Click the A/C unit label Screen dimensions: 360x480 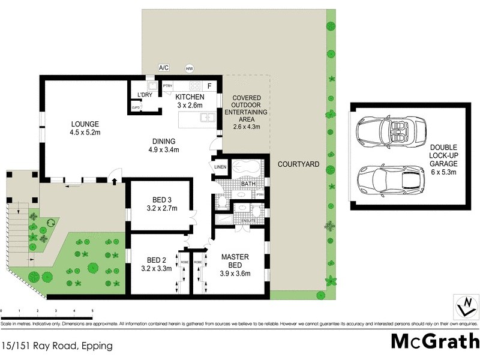pyautogui.click(x=163, y=68)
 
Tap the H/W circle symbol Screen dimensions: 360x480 pyautogui.click(x=190, y=68)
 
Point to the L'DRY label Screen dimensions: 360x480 pyautogui.click(x=145, y=95)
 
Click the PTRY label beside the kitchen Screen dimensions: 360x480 pyautogui.click(x=167, y=86)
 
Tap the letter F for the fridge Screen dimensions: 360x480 pyautogui.click(x=209, y=85)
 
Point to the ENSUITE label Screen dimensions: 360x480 pyautogui.click(x=248, y=221)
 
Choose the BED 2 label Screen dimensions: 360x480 pyautogui.click(x=160, y=264)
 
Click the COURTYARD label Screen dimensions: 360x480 pyautogui.click(x=297, y=164)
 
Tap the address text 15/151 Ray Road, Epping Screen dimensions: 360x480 pyautogui.click(x=57, y=346)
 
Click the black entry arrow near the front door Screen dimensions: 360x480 pyautogui.click(x=115, y=180)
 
